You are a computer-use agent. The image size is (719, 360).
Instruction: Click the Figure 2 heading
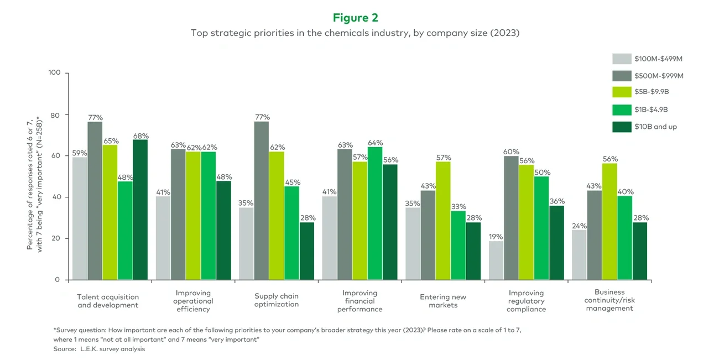pos(355,18)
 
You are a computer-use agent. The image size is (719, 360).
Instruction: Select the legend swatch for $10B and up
pos(622,127)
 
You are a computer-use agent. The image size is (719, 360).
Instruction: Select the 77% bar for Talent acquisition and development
pos(95,201)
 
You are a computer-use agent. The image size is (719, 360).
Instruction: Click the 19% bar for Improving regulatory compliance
pos(497,260)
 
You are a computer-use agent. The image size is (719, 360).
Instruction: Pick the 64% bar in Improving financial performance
pos(375,213)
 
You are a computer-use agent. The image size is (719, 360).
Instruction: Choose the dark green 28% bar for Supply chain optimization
pos(307,251)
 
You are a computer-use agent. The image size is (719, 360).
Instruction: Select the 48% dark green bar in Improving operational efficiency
pos(223,230)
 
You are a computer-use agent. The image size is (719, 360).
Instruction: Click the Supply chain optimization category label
pos(277,300)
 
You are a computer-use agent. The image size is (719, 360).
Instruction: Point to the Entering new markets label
pos(443,301)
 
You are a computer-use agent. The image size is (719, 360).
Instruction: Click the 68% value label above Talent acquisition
pos(140,136)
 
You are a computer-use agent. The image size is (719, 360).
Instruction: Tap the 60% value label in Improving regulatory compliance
pos(512,151)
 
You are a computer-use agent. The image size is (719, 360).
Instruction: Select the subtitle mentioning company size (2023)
pos(355,33)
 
